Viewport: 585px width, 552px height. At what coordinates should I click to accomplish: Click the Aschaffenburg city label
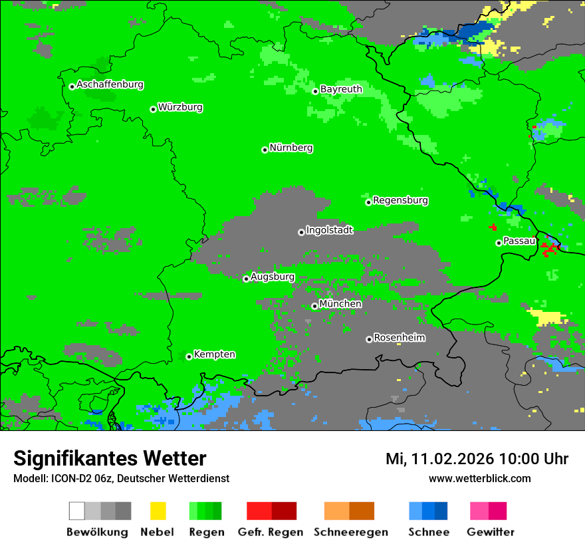(110, 85)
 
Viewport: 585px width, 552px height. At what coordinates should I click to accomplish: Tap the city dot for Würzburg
(153, 109)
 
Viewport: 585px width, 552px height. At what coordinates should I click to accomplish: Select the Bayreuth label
(341, 89)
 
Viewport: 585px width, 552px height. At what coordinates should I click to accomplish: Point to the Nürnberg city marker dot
(265, 150)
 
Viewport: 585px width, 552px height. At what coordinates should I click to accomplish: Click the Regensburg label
(400, 200)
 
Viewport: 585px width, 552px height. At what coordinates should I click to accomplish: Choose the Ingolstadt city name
(329, 231)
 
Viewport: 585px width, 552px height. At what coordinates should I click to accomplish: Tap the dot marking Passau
(499, 243)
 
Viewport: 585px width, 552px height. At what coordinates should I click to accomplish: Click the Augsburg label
(273, 277)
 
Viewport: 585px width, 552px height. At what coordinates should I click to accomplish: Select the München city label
(340, 304)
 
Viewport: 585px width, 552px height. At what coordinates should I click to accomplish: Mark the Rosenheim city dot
(369, 339)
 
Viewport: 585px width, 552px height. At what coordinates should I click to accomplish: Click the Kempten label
(214, 354)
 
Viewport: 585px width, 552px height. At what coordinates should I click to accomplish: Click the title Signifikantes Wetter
(110, 459)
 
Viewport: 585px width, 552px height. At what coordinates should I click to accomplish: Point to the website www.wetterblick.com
(479, 478)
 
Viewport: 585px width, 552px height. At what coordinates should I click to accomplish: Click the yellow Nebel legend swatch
(158, 511)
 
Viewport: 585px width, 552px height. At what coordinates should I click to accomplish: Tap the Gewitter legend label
(490, 532)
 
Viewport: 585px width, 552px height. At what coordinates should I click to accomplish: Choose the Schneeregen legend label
(350, 532)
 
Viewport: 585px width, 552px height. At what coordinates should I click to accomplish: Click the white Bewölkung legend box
(77, 511)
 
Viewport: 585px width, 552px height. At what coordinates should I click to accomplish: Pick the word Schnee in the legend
(428, 532)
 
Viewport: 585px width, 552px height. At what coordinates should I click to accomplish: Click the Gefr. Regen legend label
(270, 532)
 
